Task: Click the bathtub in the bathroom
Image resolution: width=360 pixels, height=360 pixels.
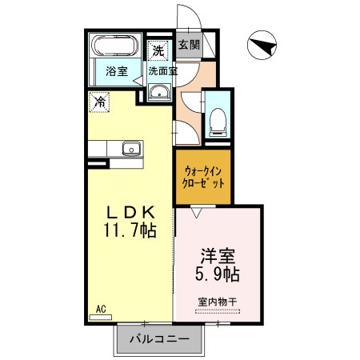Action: click(115, 45)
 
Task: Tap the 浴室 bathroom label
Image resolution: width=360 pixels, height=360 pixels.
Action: click(117, 71)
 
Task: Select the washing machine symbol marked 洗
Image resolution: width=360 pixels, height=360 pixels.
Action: click(158, 50)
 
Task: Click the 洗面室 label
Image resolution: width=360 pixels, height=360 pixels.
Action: click(163, 71)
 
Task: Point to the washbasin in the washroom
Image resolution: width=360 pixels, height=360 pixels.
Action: click(159, 92)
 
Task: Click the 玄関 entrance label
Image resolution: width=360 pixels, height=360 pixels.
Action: click(189, 45)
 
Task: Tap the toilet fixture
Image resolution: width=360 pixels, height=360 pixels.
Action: click(218, 122)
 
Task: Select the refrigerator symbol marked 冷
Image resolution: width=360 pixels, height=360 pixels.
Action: click(99, 102)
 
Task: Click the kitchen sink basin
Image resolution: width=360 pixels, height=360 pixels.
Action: click(131, 148)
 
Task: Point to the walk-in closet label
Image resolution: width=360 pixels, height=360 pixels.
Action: click(203, 178)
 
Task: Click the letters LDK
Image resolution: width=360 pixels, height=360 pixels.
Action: click(130, 212)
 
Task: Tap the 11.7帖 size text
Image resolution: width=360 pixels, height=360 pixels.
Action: click(130, 230)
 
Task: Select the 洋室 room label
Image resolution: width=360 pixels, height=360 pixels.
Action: click(218, 256)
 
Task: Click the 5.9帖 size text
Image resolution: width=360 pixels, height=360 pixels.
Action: click(218, 274)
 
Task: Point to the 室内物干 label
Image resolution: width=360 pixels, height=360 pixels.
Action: click(218, 302)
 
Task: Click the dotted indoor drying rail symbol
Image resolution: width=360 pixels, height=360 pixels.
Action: click(218, 311)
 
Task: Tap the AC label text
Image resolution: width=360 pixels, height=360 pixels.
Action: click(101, 310)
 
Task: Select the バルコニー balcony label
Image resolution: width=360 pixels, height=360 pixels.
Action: click(159, 339)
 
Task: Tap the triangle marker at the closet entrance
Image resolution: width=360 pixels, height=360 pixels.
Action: click(197, 213)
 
